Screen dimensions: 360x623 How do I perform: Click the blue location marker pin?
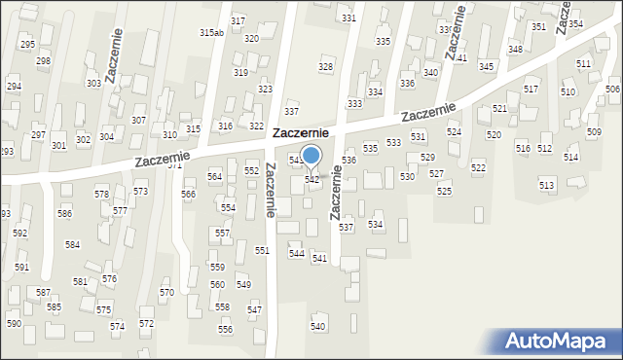click(311, 156)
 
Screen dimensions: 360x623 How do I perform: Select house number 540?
click(317, 326)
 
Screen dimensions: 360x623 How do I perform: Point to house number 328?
click(325, 66)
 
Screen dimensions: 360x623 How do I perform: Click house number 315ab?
click(211, 32)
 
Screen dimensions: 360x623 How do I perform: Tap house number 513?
click(546, 185)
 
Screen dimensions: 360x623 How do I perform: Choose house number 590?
click(14, 323)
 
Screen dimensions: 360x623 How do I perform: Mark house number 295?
click(27, 45)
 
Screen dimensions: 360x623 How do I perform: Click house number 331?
click(348, 18)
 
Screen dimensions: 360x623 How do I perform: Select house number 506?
click(612, 90)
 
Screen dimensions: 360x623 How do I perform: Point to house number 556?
click(225, 330)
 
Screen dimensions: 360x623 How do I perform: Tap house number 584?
click(72, 244)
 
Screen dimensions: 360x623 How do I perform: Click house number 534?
click(375, 224)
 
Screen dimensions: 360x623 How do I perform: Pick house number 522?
click(478, 168)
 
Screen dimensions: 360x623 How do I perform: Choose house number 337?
click(291, 113)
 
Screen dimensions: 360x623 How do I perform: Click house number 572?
click(146, 323)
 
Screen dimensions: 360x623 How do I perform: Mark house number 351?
click(538, 26)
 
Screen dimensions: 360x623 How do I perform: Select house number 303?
click(93, 84)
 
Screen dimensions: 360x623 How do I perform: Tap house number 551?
click(262, 250)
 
